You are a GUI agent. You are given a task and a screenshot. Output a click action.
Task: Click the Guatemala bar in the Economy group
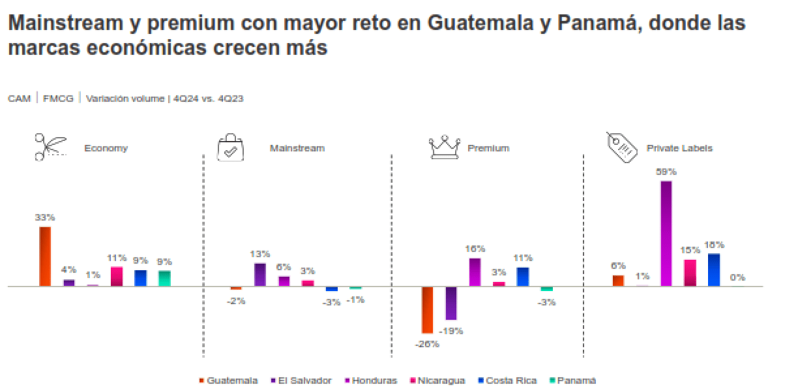click(x=45, y=256)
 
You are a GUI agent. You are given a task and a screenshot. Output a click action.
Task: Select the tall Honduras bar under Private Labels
click(x=666, y=234)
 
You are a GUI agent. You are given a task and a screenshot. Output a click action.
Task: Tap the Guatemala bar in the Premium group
click(x=427, y=310)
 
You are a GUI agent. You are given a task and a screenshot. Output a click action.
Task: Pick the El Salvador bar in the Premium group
click(x=451, y=303)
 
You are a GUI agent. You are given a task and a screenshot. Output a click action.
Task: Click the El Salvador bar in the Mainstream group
click(x=259, y=274)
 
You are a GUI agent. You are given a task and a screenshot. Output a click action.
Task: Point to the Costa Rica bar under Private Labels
click(x=714, y=270)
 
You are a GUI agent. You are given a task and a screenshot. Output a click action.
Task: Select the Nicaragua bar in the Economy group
click(x=117, y=276)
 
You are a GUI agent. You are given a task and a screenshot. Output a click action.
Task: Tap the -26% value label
click(x=427, y=344)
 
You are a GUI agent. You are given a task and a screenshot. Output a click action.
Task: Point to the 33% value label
click(x=45, y=217)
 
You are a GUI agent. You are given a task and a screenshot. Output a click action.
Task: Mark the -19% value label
click(x=451, y=331)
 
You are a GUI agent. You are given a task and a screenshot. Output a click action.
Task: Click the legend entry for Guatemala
click(x=228, y=381)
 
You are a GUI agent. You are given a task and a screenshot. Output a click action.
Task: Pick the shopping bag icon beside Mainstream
click(x=231, y=148)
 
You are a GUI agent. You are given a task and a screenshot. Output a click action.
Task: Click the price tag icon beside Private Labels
click(x=621, y=147)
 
